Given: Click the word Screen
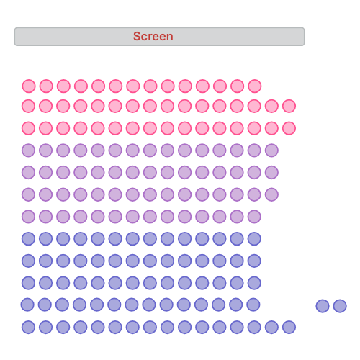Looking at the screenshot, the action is [x=153, y=36].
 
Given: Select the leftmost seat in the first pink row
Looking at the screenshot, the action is [x=29, y=86].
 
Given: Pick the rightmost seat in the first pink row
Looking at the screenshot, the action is [x=255, y=86].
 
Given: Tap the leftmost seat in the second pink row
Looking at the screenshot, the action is [x=28, y=106].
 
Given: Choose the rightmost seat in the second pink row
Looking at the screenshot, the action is [x=289, y=106].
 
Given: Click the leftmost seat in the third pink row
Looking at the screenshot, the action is [x=28, y=128].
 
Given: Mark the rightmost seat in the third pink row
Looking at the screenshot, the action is [x=289, y=128].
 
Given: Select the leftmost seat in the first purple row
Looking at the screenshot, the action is [x=28, y=150].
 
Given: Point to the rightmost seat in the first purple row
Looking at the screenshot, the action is [x=271, y=150].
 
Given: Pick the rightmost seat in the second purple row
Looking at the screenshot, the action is [x=271, y=172].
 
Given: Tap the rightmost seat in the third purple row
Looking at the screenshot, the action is [x=271, y=194].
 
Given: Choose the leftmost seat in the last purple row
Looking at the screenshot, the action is [x=28, y=217].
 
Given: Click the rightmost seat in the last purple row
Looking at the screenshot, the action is [x=254, y=217].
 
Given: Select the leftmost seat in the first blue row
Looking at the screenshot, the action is [x=28, y=239].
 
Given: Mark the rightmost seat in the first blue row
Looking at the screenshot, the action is [x=254, y=239].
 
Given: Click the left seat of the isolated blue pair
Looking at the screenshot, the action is [x=323, y=306].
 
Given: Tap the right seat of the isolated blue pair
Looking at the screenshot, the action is [x=340, y=306].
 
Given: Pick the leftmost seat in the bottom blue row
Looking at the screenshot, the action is [x=28, y=327].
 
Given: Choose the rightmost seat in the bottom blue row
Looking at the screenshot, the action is [x=289, y=327].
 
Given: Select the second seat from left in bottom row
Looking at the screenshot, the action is [x=45, y=327].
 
